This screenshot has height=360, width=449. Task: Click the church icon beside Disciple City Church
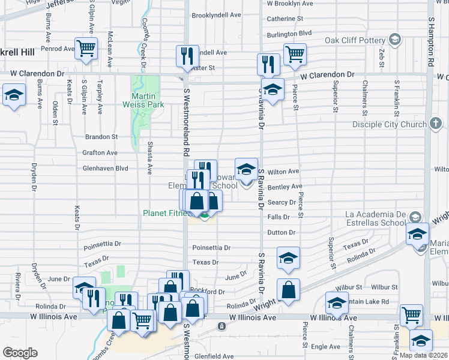(x=436, y=124)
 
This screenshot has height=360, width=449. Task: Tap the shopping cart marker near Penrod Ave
(x=86, y=47)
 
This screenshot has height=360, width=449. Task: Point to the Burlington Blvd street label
(x=289, y=33)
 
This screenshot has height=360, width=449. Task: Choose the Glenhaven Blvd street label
(x=106, y=169)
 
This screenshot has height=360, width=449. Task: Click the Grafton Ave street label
(x=100, y=153)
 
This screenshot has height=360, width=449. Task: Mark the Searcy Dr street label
(x=282, y=202)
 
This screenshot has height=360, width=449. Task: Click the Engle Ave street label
(x=326, y=346)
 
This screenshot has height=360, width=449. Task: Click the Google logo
(x=20, y=353)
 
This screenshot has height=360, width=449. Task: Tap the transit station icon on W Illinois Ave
(x=221, y=326)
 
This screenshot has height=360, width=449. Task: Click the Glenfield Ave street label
(x=212, y=356)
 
